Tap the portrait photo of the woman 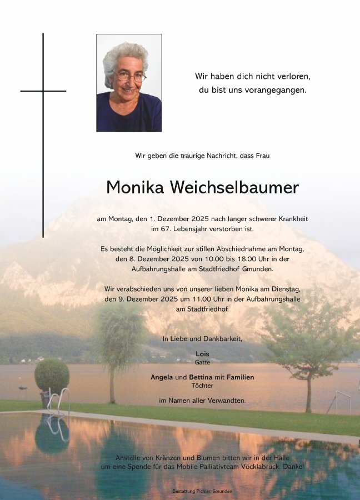pos(129,83)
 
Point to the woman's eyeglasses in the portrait pos(129,76)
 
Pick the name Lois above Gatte pos(202,353)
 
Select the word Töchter pos(202,386)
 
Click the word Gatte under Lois pos(202,362)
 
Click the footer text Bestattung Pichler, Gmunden pos(202,491)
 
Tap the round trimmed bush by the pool pos(52,376)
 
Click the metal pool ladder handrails pos(58,401)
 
